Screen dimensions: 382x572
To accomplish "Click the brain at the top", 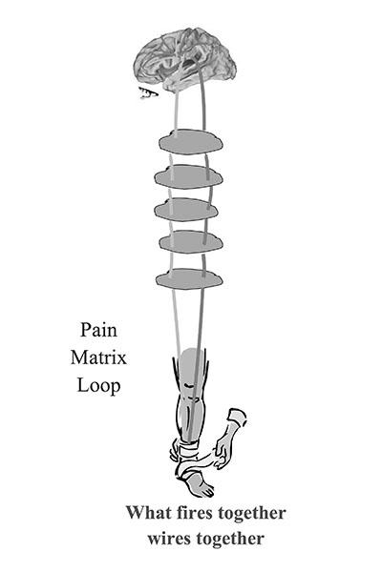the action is coord(185,61).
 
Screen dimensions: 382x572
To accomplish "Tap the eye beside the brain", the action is coord(148,93).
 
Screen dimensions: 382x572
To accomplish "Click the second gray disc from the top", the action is coord(189,177).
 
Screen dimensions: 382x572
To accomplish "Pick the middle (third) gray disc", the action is coord(186,210).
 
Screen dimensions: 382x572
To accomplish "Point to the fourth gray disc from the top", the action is coord(191,241).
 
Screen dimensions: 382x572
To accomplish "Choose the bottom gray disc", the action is coord(189,279).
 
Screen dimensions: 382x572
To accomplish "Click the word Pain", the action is coord(98,330).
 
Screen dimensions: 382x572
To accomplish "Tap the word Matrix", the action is coord(98,357).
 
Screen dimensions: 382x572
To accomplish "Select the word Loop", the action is coord(98,386).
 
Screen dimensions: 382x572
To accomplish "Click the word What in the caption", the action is coord(148,513).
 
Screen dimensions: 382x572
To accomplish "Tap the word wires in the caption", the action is coord(169,539).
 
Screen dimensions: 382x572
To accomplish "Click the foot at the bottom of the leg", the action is coord(198,484).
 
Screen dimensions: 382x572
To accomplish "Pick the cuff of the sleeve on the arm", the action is coord(238,419).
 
